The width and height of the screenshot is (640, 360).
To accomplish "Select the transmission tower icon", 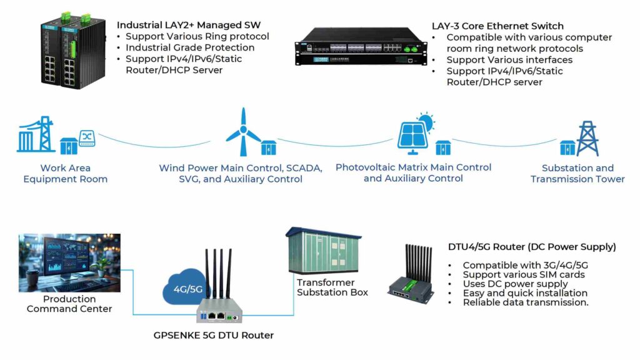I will (x=587, y=138).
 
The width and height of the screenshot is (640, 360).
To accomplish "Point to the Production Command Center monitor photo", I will (x=69, y=262).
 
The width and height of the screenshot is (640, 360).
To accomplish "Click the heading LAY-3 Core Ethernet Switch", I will (x=497, y=26).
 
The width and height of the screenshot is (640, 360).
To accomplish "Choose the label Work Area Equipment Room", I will (x=65, y=173).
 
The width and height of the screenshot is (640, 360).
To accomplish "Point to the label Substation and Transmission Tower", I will (x=577, y=173).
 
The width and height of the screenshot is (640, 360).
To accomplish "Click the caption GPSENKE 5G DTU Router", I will (x=214, y=336).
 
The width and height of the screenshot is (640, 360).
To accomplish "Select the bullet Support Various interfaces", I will (x=509, y=60).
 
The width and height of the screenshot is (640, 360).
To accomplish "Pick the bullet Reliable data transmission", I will (x=526, y=302).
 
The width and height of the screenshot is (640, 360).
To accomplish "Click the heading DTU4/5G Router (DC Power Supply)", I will (x=532, y=247).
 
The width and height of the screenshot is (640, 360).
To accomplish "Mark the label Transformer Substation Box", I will (x=332, y=287).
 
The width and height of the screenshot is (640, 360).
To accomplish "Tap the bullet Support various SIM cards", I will (x=524, y=274).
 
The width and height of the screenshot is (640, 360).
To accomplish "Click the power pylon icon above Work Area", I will (x=37, y=134).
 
